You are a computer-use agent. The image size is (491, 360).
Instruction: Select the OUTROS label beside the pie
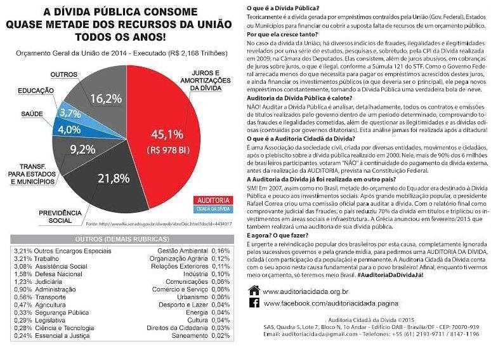[62, 74]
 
